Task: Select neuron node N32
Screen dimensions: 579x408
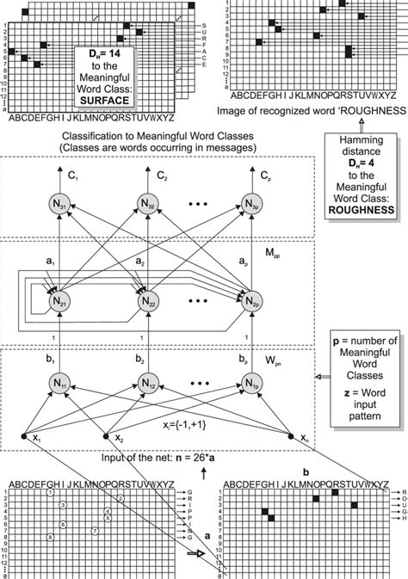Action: pos(147,205)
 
